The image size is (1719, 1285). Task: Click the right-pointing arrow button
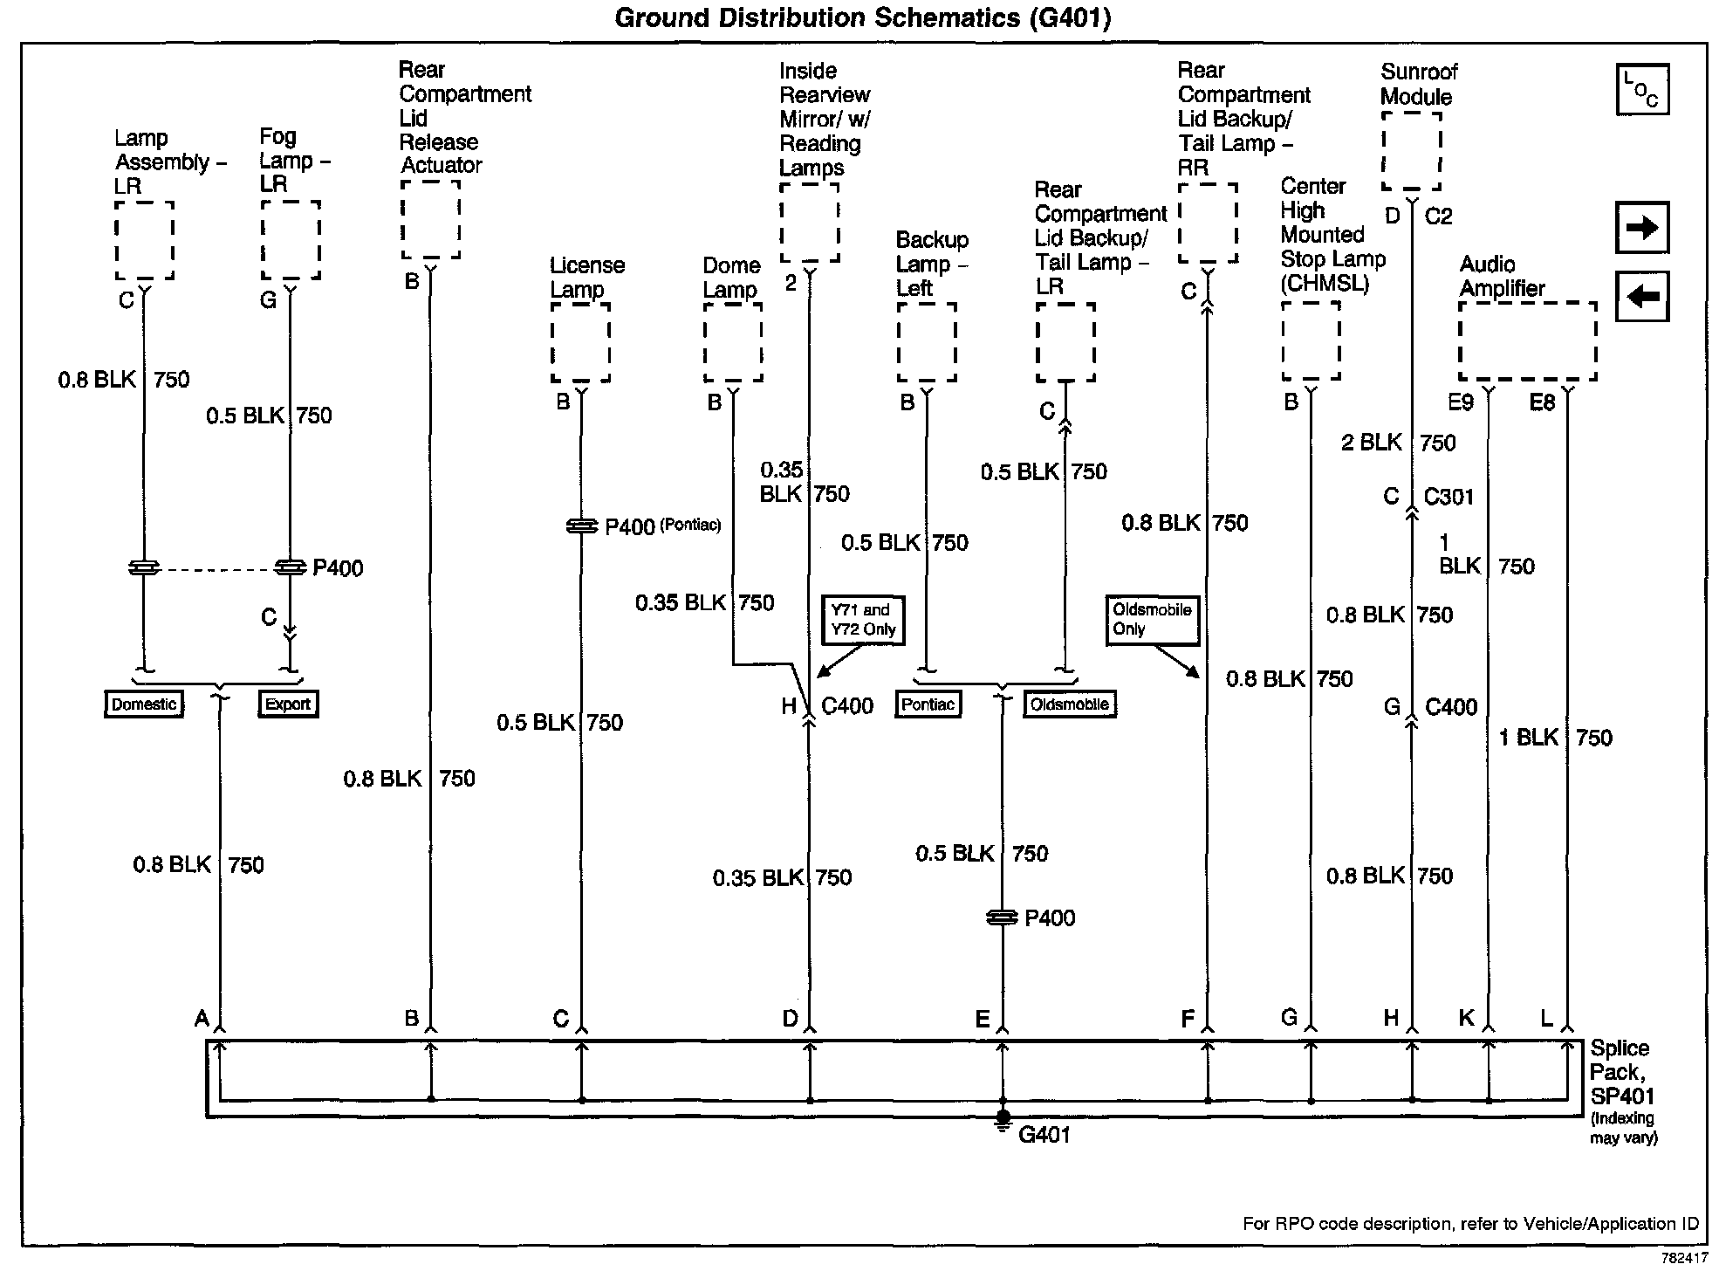coord(1641,228)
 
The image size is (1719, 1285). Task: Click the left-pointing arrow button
coord(1641,296)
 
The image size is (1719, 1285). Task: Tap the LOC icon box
coord(1641,89)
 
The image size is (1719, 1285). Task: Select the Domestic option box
coord(144,704)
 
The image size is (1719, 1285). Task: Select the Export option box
coord(288,704)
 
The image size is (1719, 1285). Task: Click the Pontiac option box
coord(928,704)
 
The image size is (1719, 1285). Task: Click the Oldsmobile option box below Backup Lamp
coord(1069,704)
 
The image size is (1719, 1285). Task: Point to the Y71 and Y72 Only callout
coord(862,620)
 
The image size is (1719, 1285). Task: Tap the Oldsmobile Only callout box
coord(1152,620)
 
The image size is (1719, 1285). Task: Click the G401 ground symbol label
coord(1044,1135)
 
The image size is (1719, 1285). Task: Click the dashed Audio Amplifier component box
coord(1527,341)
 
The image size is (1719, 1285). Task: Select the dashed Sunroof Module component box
coord(1411,149)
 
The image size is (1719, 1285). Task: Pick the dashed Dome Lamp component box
coord(733,342)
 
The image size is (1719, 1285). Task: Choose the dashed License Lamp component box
coord(580,342)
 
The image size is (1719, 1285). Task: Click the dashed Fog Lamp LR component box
coord(291,240)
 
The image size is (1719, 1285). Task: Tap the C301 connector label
coord(1448,497)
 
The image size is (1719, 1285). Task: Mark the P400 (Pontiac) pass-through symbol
coord(581,526)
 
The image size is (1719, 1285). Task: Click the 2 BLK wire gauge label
coord(1371,443)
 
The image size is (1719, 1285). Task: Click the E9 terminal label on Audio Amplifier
coord(1461,402)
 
